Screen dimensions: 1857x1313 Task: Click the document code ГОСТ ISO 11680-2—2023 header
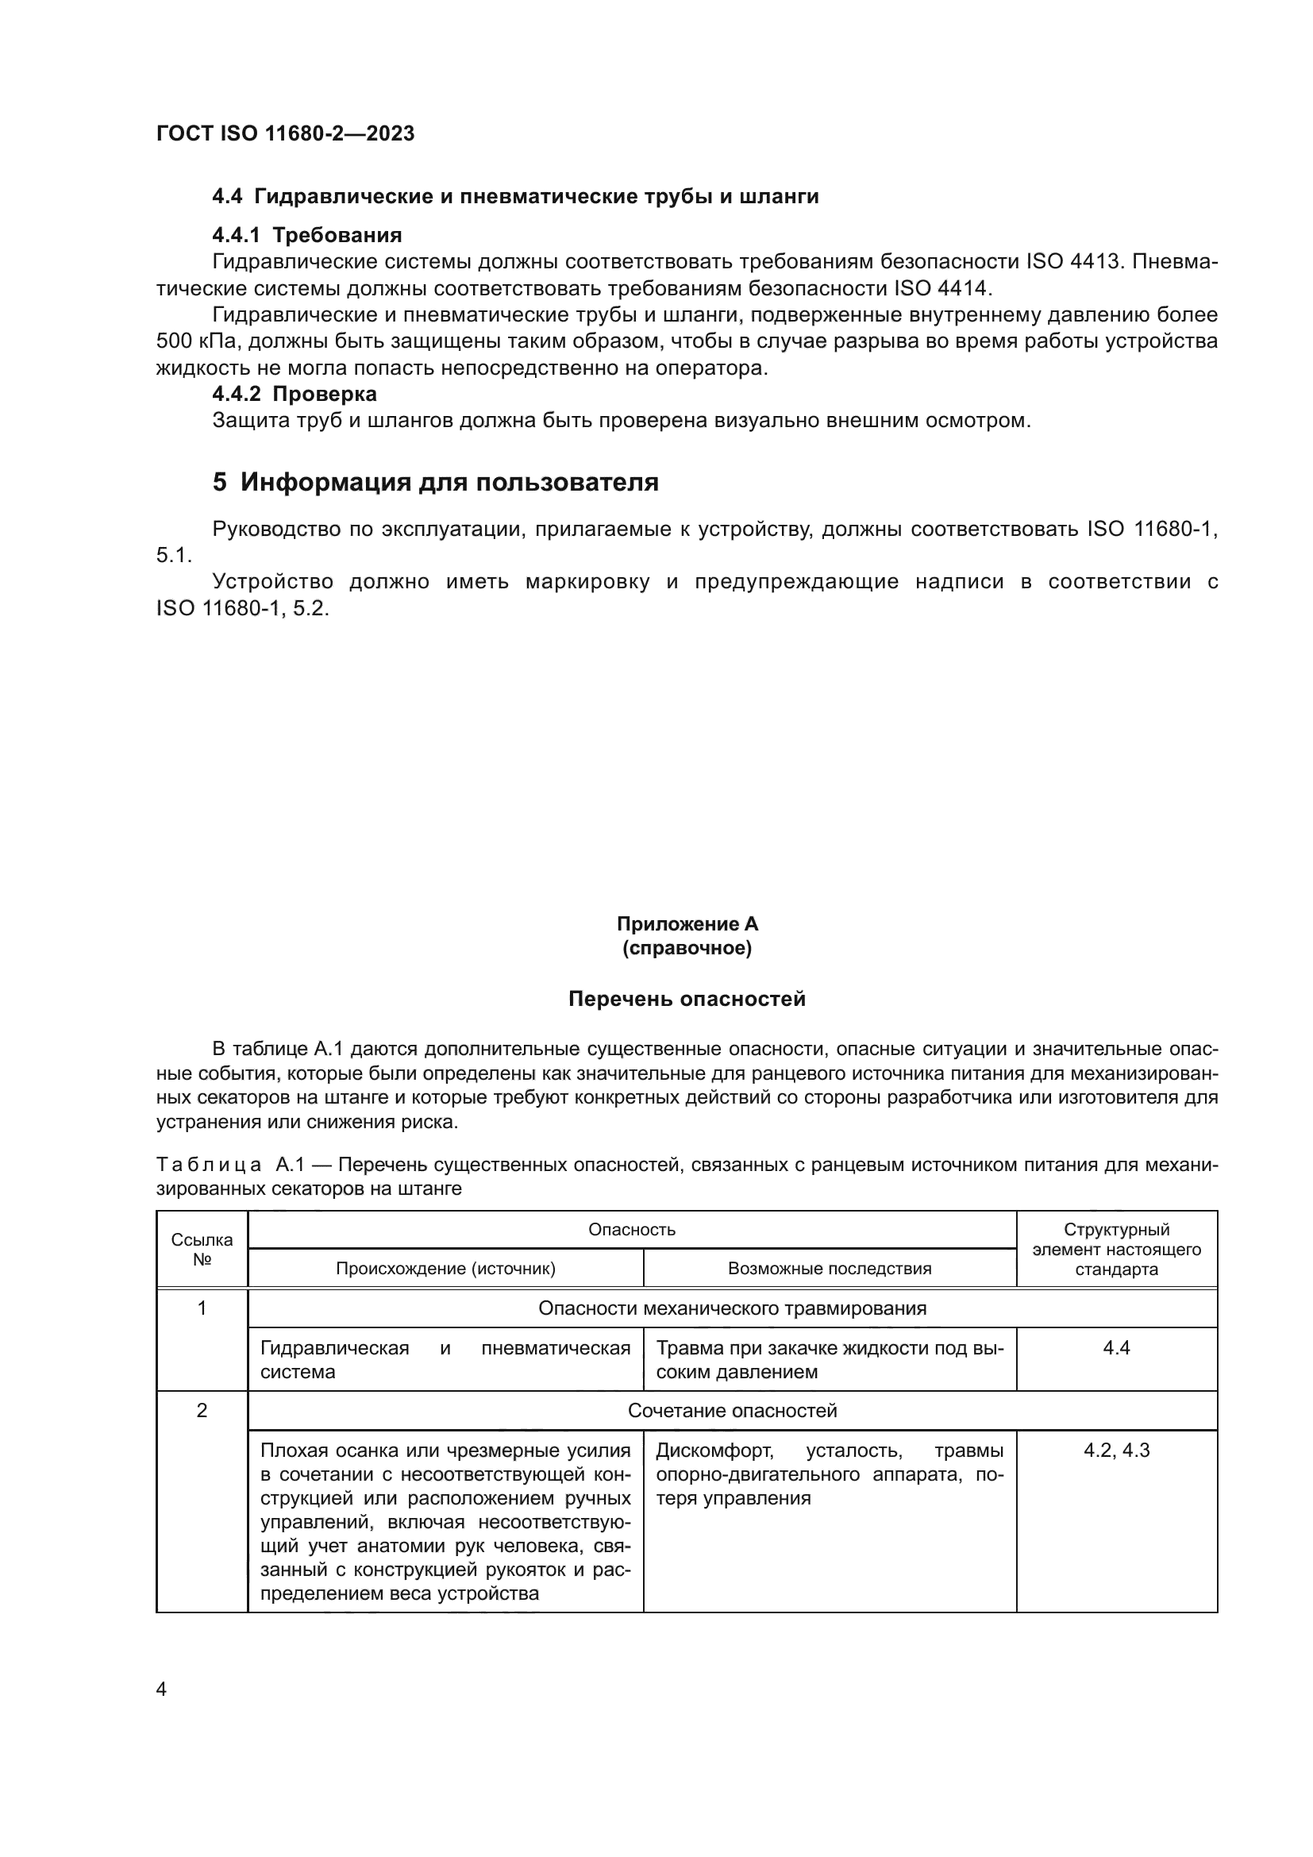tap(285, 133)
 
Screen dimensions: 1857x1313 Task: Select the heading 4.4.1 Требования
tap(306, 235)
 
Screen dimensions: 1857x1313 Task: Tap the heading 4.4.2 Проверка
tap(295, 394)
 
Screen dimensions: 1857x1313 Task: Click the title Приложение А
tap(687, 923)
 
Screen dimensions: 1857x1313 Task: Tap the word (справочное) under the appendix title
tap(687, 948)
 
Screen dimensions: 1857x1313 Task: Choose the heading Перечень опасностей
tap(687, 1000)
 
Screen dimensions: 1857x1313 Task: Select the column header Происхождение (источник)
tap(445, 1269)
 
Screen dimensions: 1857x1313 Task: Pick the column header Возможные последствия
tap(830, 1269)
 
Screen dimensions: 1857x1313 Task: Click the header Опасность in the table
tap(631, 1230)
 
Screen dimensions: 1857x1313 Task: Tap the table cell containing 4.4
tap(1117, 1347)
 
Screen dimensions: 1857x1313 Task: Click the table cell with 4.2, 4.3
tap(1117, 1451)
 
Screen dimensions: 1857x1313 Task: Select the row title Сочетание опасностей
tap(732, 1411)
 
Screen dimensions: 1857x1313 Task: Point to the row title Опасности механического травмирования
tap(732, 1308)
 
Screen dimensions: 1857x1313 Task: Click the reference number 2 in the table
tap(202, 1411)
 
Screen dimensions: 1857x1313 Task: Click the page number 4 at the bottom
tap(161, 1689)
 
